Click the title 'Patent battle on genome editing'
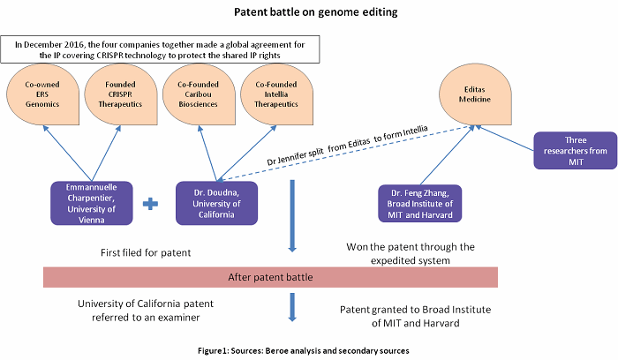[x=308, y=13]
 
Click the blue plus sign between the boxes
[x=151, y=203]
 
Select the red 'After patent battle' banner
[x=271, y=277]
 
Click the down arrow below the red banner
[x=291, y=306]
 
